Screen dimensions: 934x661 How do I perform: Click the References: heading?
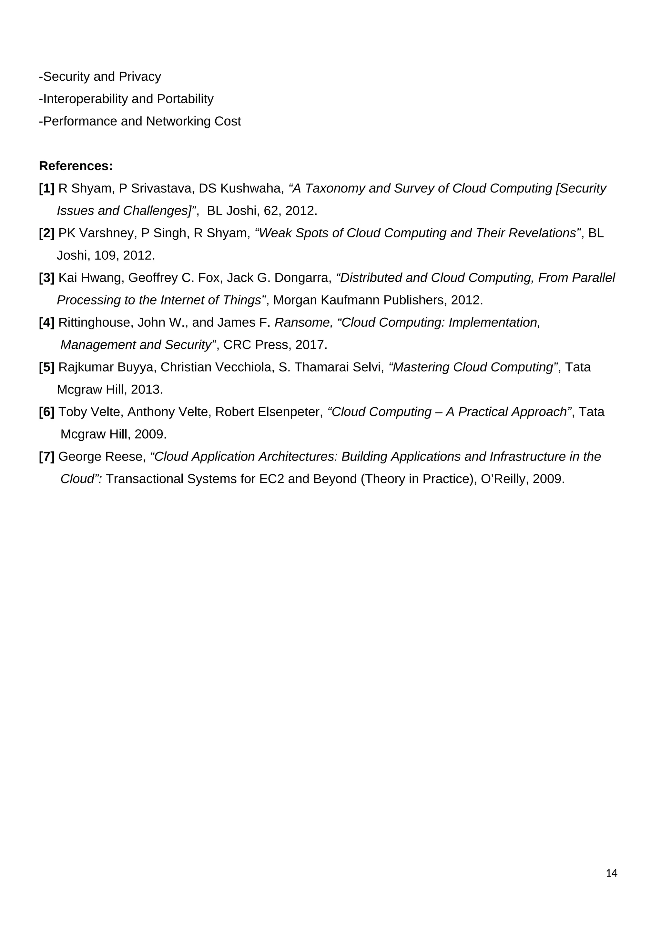(x=76, y=166)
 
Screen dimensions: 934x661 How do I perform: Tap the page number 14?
(x=611, y=873)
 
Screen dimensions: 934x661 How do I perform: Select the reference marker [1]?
(x=47, y=188)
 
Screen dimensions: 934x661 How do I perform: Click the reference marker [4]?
(x=47, y=323)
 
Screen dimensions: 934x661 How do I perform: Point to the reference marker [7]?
(x=47, y=457)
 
